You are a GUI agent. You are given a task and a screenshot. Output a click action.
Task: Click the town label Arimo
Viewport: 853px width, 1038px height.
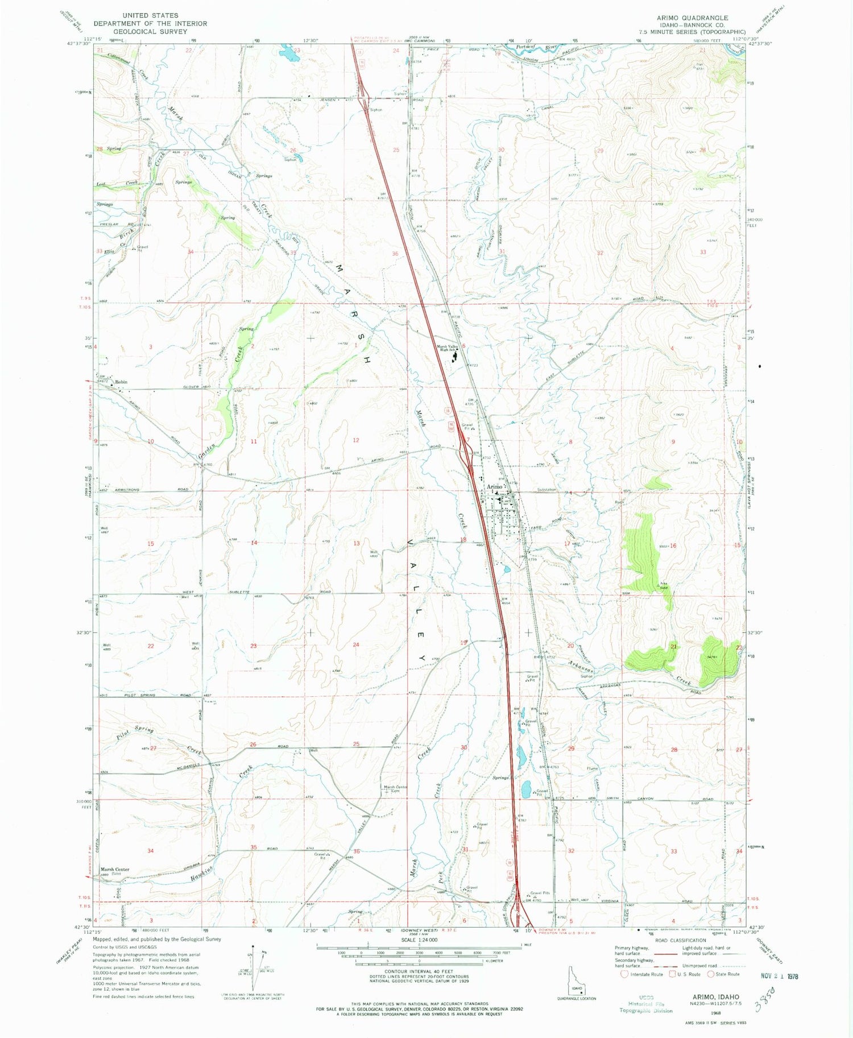[x=494, y=487]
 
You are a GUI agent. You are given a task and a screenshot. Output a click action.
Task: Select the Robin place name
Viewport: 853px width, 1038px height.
[x=121, y=382]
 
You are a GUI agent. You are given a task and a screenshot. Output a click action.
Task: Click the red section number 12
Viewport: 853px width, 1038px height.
[x=356, y=440]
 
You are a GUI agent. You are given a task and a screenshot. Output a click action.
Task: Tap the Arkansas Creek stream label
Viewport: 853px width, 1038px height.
[x=581, y=665]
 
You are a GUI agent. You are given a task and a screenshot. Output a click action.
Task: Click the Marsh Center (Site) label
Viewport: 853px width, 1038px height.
[x=115, y=871]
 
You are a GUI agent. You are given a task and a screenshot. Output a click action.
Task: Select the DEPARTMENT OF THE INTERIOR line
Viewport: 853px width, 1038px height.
[x=150, y=23]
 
